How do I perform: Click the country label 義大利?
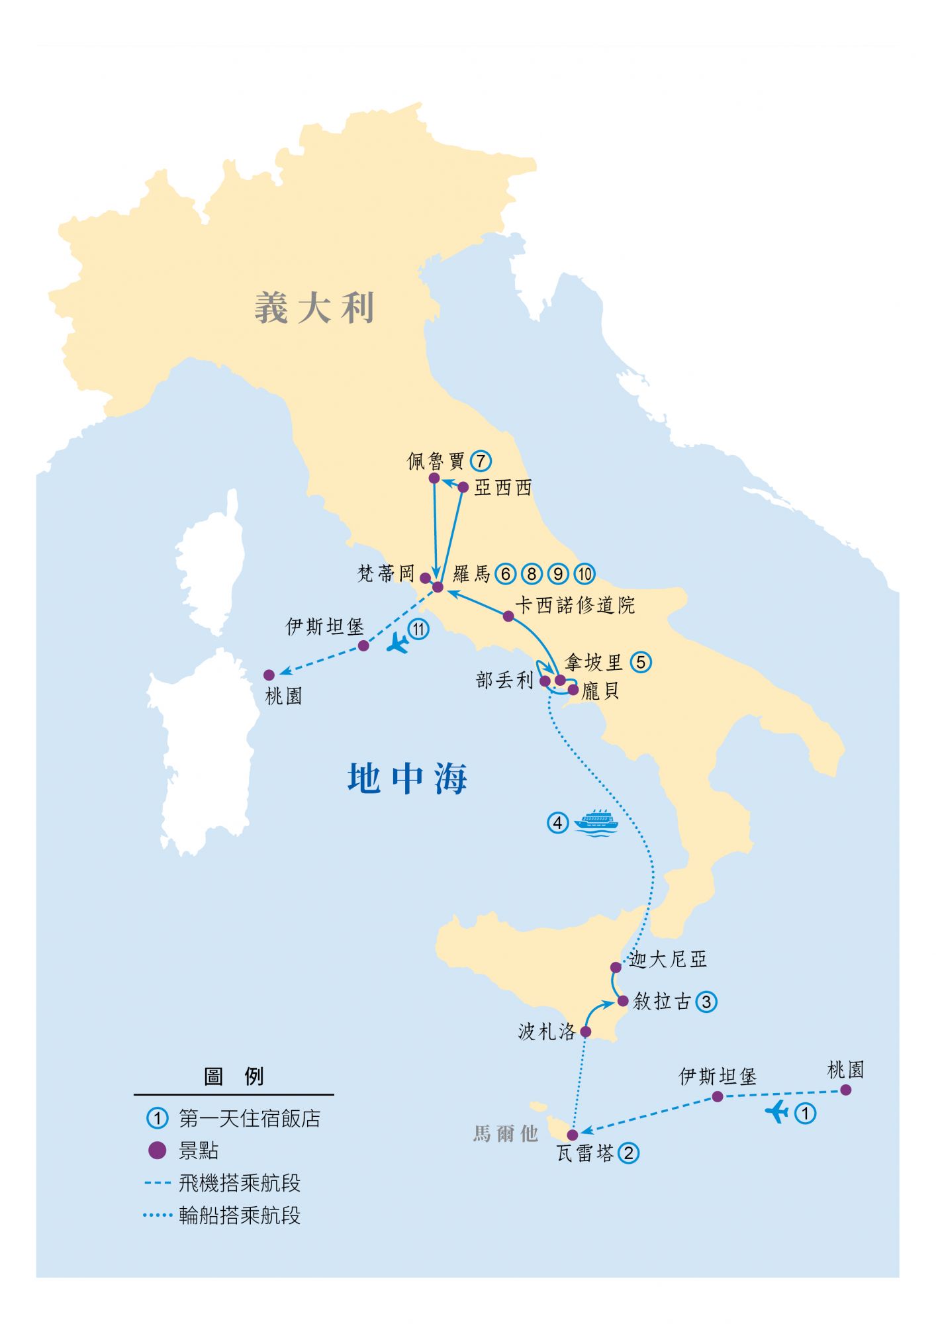coord(314,308)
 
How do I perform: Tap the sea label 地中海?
coord(408,779)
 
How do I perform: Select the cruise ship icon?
coord(595,822)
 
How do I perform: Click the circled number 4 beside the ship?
coord(557,823)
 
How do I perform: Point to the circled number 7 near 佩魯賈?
coord(481,461)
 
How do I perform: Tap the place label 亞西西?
coord(503,488)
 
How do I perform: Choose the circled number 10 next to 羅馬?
coord(585,573)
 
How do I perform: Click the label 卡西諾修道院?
coord(575,605)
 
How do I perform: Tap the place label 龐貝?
coord(600,692)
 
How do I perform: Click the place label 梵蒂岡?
coord(385,573)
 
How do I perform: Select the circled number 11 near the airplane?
coord(418,629)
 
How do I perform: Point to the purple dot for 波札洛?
coord(586,1031)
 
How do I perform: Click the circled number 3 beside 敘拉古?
coord(706,1002)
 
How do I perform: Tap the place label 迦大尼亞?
coord(668,959)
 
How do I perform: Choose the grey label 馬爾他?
coord(505,1133)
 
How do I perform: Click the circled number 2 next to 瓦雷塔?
coord(628,1153)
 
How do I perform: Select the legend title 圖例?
coord(234,1077)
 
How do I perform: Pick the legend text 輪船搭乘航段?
coord(240,1215)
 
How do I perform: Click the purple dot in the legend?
coord(157,1151)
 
